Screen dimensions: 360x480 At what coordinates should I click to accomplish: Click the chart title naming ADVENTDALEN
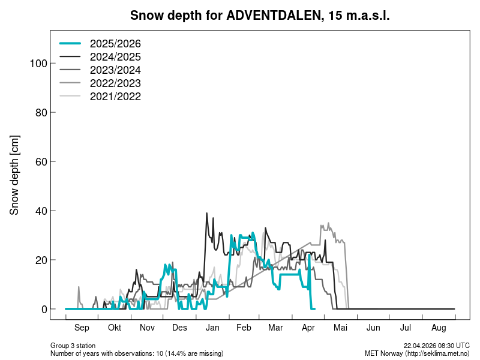tap(260, 16)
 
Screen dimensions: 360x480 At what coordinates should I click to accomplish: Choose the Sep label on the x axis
tap(82, 328)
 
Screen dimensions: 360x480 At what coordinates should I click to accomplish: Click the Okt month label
tap(114, 328)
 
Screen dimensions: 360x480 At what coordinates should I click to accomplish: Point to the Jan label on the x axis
tap(212, 328)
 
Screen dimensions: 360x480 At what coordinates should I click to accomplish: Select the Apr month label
tap(309, 328)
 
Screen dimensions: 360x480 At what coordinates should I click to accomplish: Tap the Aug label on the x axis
tap(439, 328)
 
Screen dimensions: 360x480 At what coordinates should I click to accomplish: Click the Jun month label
tap(373, 328)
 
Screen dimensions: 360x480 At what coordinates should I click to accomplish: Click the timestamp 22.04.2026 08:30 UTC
tap(437, 346)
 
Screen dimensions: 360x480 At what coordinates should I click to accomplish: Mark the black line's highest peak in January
tap(207, 213)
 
